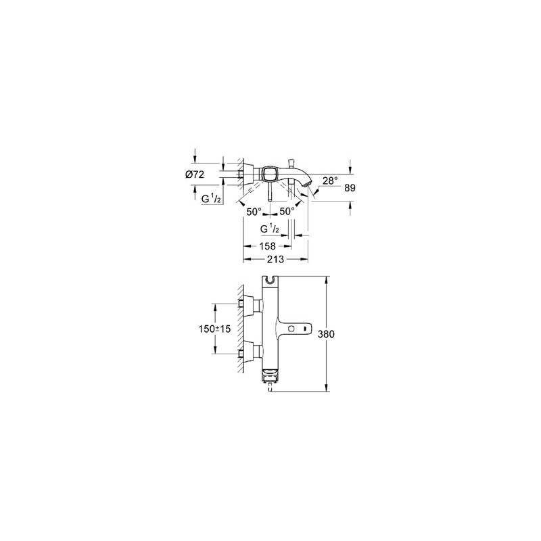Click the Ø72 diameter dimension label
tap(195, 174)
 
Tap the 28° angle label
tap(330, 180)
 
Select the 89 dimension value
tap(350, 188)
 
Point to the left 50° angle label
tap(254, 212)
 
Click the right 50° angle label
tap(287, 211)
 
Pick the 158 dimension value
tap(267, 246)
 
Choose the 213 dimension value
tap(275, 259)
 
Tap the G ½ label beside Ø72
tap(211, 198)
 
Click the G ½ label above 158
tap(270, 229)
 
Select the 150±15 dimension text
tap(214, 329)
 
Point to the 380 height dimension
tap(326, 334)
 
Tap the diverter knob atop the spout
tap(291, 163)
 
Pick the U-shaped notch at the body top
tap(270, 280)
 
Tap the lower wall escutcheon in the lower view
tap(249, 352)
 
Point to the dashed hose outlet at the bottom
tap(270, 388)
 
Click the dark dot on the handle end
tap(305, 328)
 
